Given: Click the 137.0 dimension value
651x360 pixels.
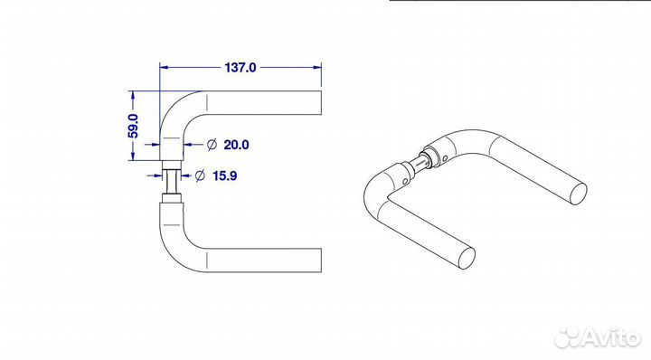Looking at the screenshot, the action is (241, 67).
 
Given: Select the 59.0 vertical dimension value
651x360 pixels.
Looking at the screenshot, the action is (133, 126).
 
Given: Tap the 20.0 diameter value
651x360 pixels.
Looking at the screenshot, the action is (236, 145).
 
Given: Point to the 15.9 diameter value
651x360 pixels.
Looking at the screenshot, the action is (224, 175).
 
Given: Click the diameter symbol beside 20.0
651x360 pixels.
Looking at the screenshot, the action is (212, 145).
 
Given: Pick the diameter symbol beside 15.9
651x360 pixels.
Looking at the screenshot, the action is (200, 175).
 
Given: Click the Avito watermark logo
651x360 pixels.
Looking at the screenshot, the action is (598, 336).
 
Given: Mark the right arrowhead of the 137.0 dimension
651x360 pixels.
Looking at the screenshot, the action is (317, 67).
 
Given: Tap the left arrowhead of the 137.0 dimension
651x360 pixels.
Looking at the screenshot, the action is (164, 67).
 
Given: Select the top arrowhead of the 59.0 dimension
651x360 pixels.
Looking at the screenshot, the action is (133, 95).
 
